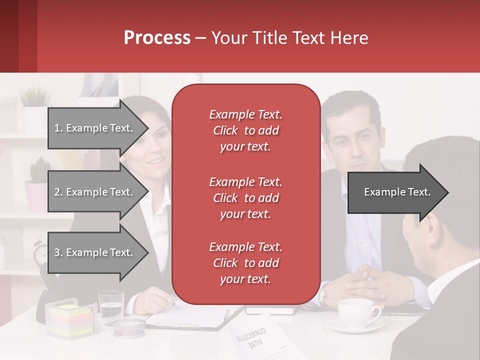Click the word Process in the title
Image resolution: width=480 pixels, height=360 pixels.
pos(157,37)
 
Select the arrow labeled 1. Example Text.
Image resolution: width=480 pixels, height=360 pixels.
pos(95,128)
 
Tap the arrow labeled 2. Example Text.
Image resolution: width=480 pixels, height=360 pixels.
pos(95,192)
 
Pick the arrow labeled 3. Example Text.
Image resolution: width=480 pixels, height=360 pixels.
pos(95,252)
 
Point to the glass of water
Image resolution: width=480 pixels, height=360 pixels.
pos(111,306)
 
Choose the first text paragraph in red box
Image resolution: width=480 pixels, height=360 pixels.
pos(245,130)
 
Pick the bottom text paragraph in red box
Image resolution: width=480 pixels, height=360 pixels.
pos(245,263)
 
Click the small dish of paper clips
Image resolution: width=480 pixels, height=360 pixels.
pos(127,327)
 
